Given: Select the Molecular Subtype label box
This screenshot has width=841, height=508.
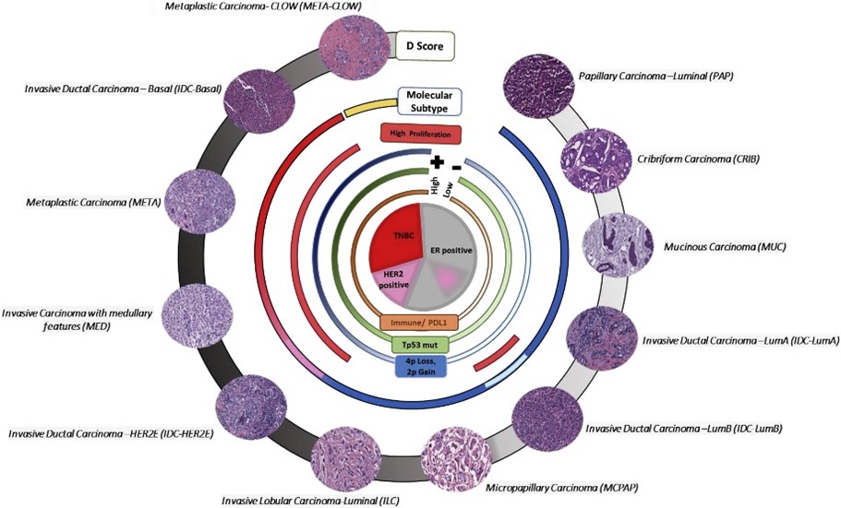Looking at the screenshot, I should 429,100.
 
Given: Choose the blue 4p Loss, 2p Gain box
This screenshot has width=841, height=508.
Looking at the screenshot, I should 421,366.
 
